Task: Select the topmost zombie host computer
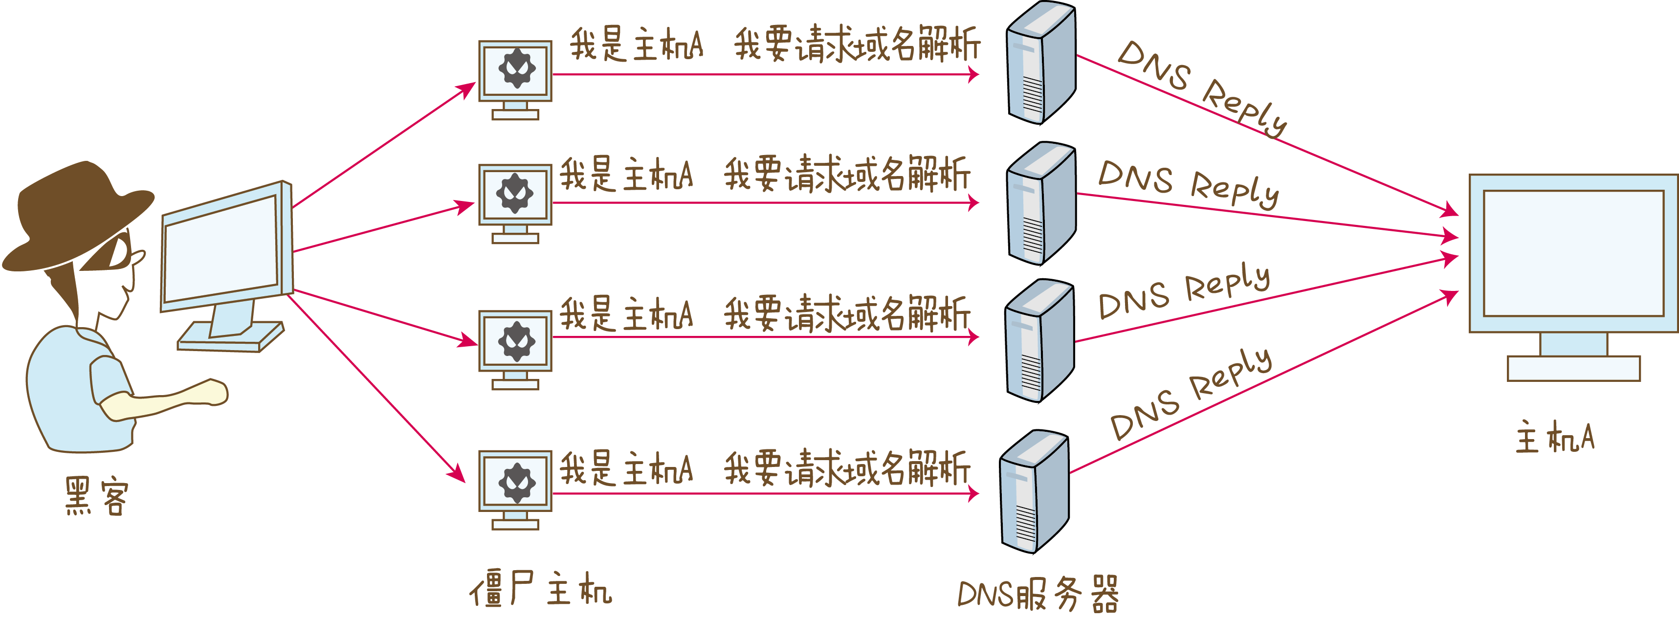(x=515, y=80)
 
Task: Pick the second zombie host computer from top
(x=515, y=203)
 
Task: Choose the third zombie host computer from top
(x=515, y=350)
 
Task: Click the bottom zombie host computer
(x=515, y=490)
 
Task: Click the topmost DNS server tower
(x=1041, y=63)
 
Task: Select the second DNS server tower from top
(x=1041, y=203)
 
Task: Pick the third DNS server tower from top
(x=1039, y=341)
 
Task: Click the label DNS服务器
(x=1038, y=594)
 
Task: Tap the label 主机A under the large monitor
(x=1554, y=437)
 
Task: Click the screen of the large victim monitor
(x=1573, y=253)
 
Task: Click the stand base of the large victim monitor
(x=1573, y=368)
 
